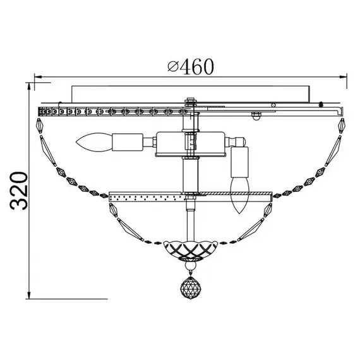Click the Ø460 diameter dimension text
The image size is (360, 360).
pos(191,66)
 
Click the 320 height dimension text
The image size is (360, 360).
pos(19,191)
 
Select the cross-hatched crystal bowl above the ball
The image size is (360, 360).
pos(190,249)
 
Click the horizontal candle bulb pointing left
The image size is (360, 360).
pos(93,142)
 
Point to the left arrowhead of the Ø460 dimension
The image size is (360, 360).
pos(38,77)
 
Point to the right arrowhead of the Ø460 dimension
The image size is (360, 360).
pos(343,77)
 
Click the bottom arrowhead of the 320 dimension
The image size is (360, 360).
pos(29,295)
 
